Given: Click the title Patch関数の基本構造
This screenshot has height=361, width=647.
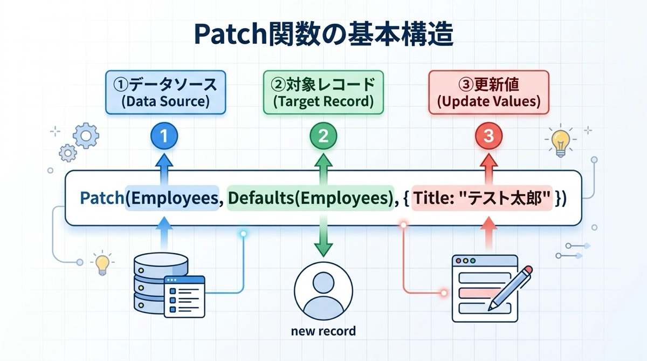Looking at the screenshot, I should [323, 35].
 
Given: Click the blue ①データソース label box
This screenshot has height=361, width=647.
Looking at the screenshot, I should [164, 93].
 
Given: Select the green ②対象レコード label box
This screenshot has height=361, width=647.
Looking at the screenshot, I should [323, 93].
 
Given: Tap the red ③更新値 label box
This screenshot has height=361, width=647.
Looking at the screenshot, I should [488, 93].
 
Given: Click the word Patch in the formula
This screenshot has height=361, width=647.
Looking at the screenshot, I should [101, 198].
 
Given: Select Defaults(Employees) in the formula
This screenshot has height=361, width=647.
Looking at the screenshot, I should [309, 198].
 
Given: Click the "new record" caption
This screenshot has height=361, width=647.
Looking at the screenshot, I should [323, 330].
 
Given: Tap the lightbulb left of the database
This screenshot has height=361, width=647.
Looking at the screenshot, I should [101, 263].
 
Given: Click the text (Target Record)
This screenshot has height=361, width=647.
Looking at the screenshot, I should [323, 101].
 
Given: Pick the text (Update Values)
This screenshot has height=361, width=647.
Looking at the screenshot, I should [488, 101].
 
